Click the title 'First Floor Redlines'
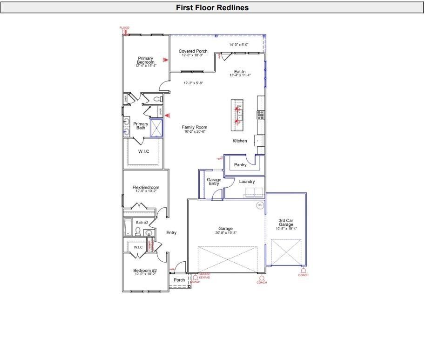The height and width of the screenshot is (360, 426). [212, 7]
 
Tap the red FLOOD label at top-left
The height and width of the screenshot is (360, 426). [124, 28]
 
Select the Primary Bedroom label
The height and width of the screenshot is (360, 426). [145, 61]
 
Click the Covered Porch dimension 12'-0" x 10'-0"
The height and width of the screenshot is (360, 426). [193, 55]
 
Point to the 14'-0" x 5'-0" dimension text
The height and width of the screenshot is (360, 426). [239, 45]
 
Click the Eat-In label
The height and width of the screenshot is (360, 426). [240, 72]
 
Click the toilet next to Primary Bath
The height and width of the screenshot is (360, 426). [156, 99]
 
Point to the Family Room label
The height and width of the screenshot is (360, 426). [194, 127]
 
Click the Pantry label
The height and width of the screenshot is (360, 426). [240, 165]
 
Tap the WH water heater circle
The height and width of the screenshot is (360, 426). [260, 205]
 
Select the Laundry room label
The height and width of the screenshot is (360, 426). [247, 182]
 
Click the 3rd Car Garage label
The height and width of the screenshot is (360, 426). [286, 223]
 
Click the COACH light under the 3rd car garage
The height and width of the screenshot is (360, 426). [303, 271]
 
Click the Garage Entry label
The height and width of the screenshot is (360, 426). [214, 182]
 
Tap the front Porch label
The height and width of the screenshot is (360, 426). [179, 280]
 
